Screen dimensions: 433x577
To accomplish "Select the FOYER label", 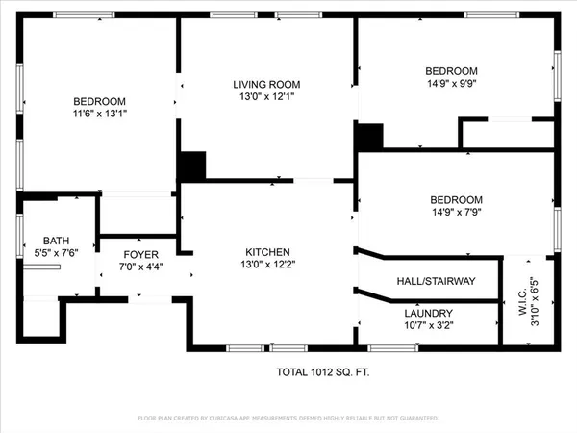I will [140, 254].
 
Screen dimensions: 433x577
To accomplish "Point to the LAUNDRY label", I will [428, 313].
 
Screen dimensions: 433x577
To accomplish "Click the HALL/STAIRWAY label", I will [436, 281].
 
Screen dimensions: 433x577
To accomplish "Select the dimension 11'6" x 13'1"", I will [100, 114].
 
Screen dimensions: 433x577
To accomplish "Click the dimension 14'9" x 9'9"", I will [451, 84].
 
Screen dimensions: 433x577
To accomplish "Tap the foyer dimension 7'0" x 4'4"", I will [140, 267].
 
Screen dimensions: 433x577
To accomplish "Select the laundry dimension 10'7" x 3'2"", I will [428, 326].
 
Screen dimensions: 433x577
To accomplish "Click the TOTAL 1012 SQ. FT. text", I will [318, 370].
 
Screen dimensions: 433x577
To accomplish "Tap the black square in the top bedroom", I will [369, 136].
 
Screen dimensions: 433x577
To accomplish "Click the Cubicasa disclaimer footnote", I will [288, 419].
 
